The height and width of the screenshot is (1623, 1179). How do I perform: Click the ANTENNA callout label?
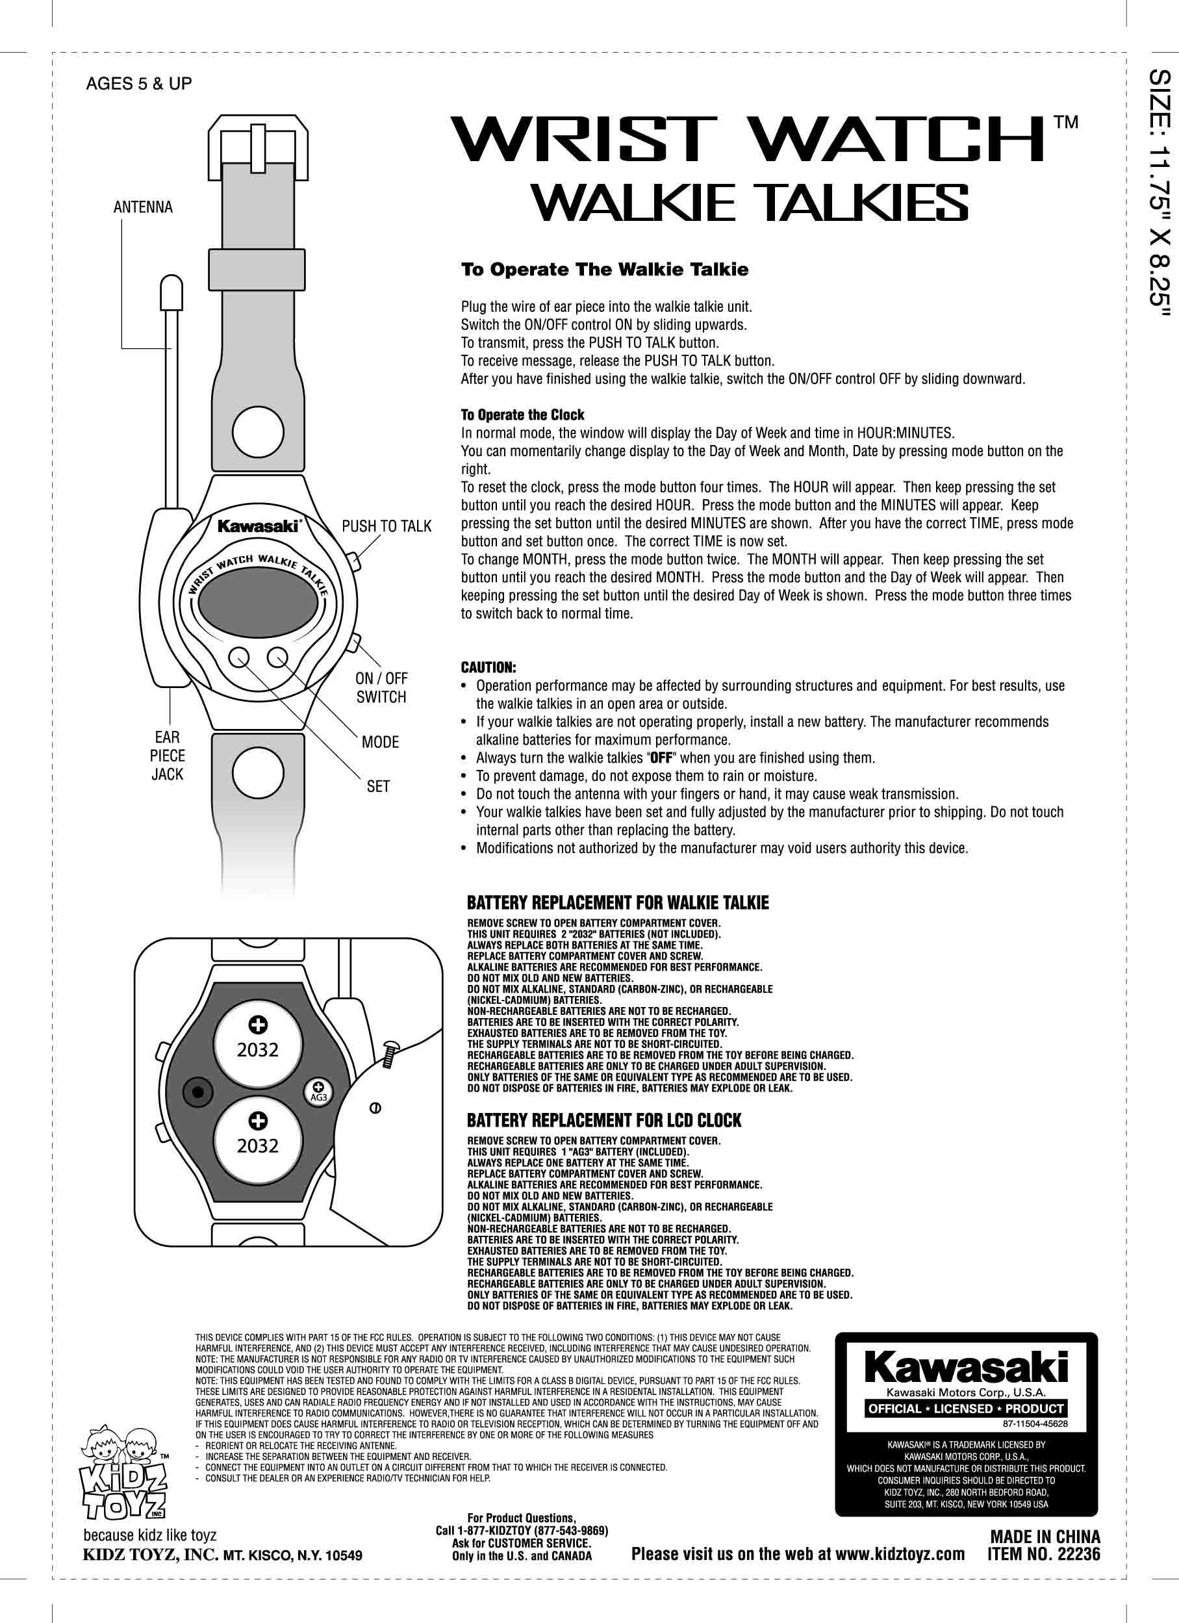[x=143, y=207]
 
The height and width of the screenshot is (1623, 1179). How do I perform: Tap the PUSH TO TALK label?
[x=387, y=527]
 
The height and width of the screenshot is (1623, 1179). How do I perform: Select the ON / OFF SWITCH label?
[x=381, y=687]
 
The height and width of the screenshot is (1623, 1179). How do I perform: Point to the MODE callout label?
[x=380, y=742]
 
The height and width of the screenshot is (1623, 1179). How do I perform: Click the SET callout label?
[x=378, y=786]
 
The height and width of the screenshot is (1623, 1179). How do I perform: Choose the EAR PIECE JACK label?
[x=168, y=755]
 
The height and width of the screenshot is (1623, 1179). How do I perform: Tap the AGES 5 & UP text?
[x=139, y=84]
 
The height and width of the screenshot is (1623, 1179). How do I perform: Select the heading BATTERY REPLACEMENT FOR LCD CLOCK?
[x=604, y=1121]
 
